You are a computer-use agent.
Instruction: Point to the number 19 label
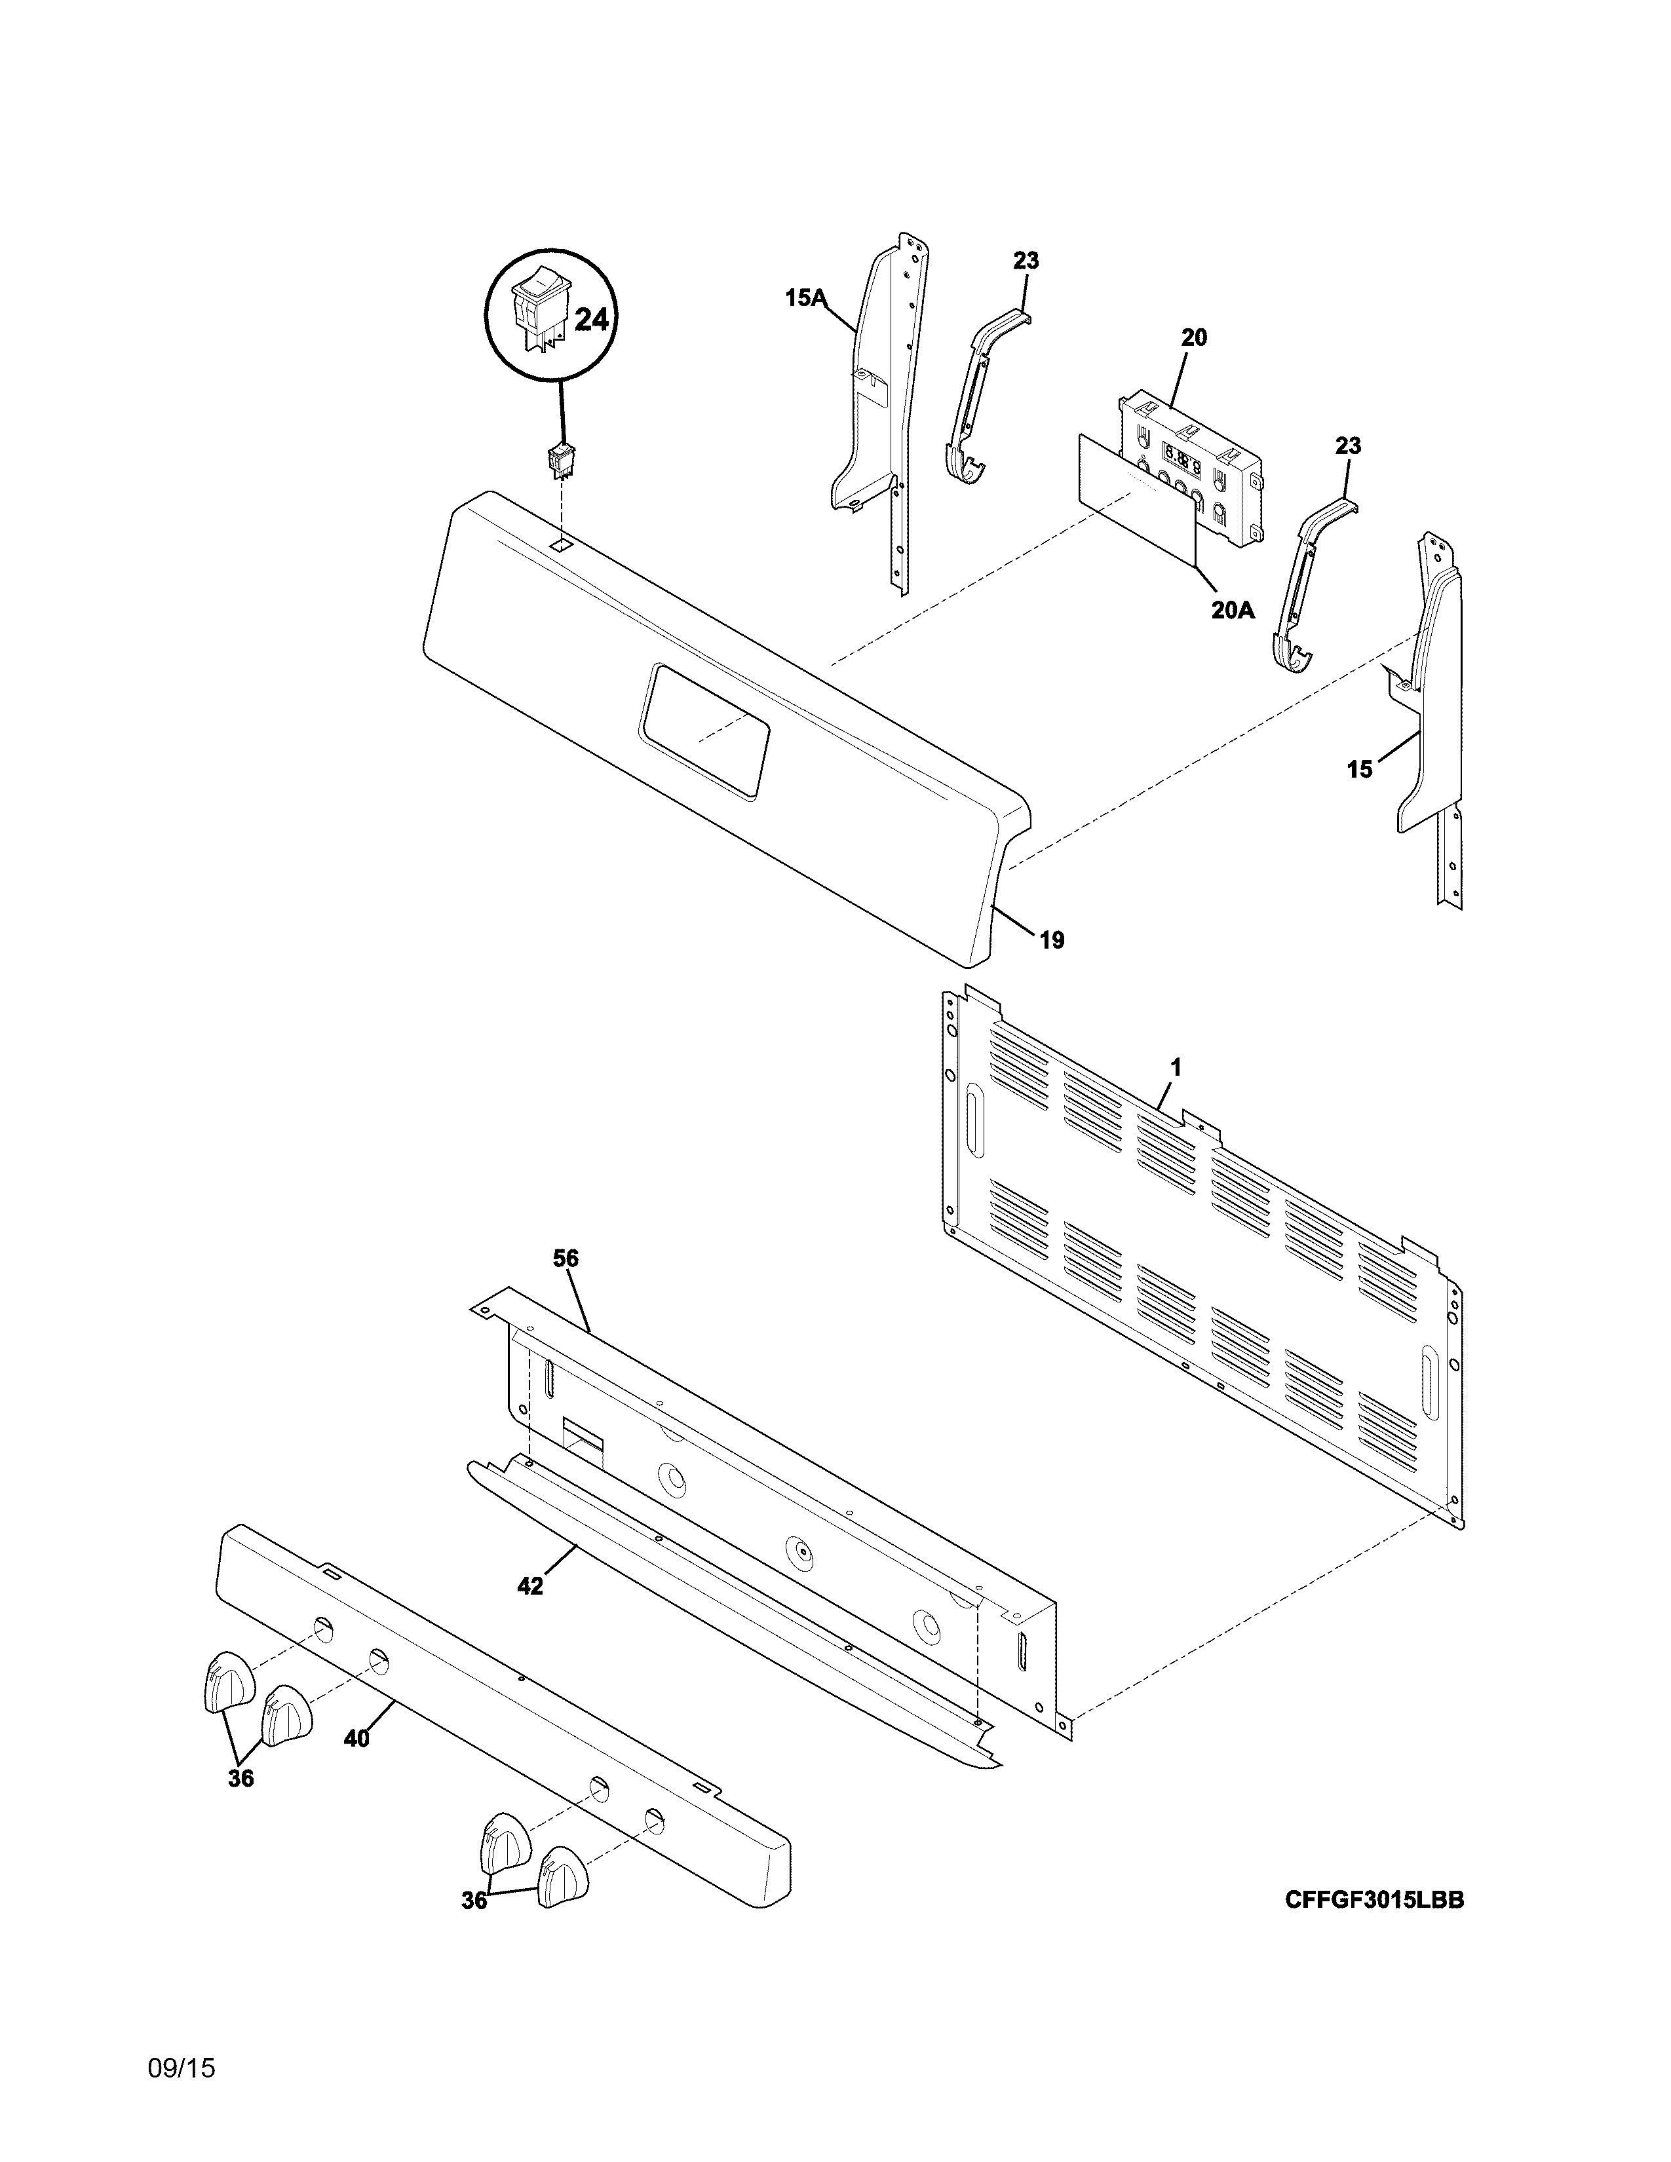[1051, 939]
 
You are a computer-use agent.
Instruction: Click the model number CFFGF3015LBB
[1374, 1900]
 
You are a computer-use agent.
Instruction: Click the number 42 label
[531, 1586]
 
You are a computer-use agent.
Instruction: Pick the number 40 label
[356, 1738]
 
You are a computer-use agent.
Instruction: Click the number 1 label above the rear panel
[1176, 1067]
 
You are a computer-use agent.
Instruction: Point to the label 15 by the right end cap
[1360, 768]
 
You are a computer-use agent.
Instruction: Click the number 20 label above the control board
[1194, 337]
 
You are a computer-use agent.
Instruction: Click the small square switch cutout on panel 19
[560, 544]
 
